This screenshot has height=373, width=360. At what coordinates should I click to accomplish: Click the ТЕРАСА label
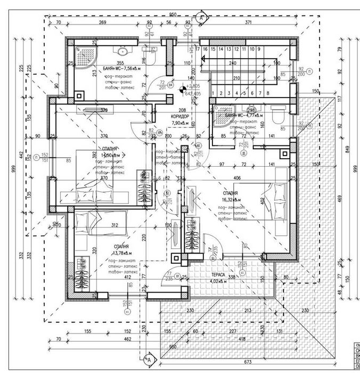(216, 277)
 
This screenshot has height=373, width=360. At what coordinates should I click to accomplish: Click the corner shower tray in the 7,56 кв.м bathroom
(83, 55)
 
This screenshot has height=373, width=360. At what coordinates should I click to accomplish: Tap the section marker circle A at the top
(201, 17)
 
